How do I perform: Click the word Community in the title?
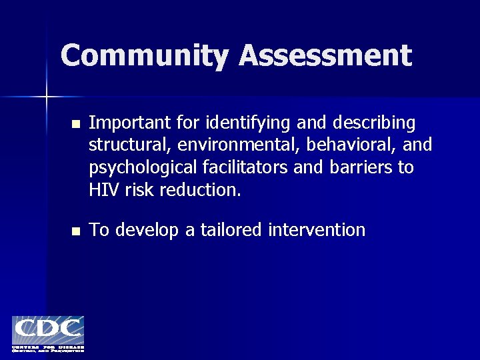[x=145, y=55]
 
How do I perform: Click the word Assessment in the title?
[x=325, y=55]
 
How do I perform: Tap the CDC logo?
[x=48, y=333]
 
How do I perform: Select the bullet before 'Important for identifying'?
[x=76, y=124]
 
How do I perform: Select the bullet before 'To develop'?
[x=76, y=231]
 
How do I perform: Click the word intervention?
[x=317, y=230]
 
